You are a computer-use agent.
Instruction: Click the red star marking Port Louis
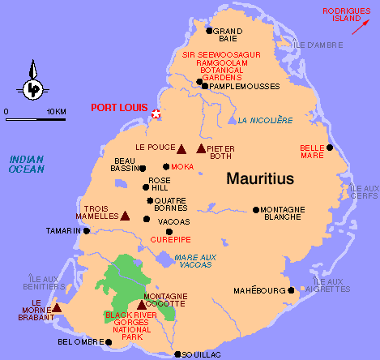(x=156, y=115)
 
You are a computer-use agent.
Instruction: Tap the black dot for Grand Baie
(x=209, y=31)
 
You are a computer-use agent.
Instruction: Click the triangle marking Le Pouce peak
(x=181, y=148)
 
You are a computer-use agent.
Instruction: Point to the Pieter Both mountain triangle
(x=201, y=148)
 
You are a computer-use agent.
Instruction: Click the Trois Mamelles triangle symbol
(x=125, y=216)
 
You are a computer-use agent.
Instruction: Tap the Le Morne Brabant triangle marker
(x=57, y=307)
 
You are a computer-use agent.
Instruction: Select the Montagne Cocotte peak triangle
(x=142, y=305)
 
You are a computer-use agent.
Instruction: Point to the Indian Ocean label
(x=27, y=164)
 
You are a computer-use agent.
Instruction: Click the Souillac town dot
(x=178, y=354)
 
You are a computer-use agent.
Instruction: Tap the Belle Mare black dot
(x=330, y=148)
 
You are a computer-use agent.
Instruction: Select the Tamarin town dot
(x=84, y=230)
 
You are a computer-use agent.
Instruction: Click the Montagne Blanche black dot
(x=257, y=209)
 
